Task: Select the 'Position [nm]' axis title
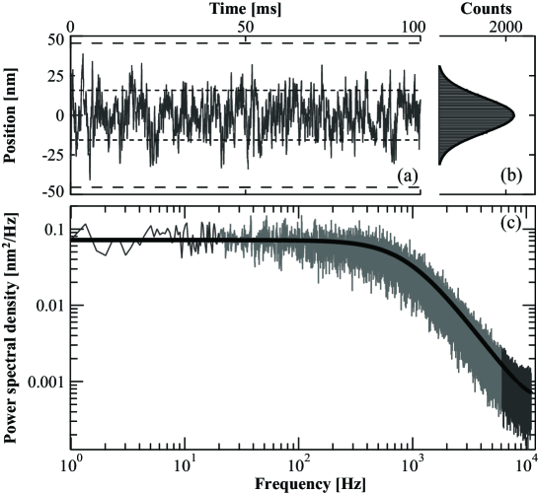(x=10, y=114)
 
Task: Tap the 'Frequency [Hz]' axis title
(x=301, y=484)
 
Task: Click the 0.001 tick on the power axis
(x=44, y=381)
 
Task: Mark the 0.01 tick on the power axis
(x=48, y=306)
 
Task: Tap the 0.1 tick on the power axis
(x=51, y=230)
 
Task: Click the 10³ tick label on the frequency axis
(x=419, y=461)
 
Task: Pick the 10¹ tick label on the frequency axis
(x=184, y=461)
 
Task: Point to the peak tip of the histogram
(x=514, y=114)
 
